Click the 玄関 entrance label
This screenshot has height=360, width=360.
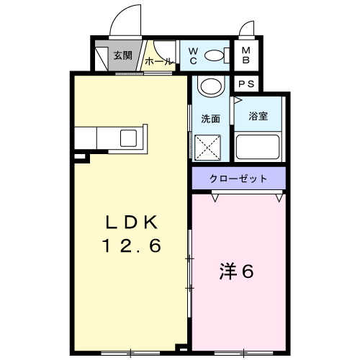[123, 55]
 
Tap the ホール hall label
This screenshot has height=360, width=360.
[158, 61]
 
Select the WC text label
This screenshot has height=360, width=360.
[193, 56]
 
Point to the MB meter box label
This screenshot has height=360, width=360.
[246, 55]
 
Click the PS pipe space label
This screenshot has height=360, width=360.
[246, 84]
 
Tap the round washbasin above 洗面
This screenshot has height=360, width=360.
[211, 86]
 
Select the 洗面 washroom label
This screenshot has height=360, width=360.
[210, 119]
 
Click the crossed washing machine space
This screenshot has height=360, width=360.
[207, 148]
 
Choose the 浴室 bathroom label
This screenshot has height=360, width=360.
[258, 116]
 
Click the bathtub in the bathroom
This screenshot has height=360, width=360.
[258, 147]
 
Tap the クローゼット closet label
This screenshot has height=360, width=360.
[238, 179]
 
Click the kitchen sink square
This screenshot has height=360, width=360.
[128, 138]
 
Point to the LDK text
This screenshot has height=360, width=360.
[132, 222]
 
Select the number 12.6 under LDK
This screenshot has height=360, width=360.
[132, 246]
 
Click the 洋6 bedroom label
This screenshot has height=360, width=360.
[237, 271]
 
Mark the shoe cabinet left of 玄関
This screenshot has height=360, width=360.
[102, 59]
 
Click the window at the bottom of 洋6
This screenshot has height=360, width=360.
[243, 353]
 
